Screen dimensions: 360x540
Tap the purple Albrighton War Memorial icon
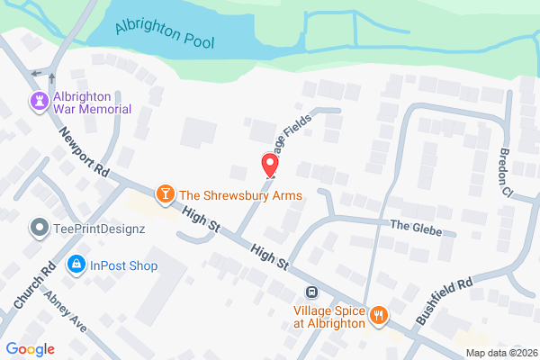coord(39,103)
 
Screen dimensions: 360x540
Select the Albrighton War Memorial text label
coord(93,103)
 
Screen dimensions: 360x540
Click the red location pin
coord(268,165)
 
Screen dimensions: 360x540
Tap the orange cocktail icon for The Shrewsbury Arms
coord(166,194)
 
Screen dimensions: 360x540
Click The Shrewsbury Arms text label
coord(240,195)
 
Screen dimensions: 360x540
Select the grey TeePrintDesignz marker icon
coord(39,229)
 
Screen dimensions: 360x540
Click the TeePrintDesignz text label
coord(99,229)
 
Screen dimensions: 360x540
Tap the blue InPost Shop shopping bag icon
coord(76,265)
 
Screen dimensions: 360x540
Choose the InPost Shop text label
coord(124,265)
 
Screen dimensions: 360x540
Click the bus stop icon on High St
coord(311,292)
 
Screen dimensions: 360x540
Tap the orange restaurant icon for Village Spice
coord(380,316)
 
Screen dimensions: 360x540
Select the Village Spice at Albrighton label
coord(328,316)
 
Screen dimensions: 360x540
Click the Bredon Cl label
coord(504,172)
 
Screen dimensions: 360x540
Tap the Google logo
coord(31,349)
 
